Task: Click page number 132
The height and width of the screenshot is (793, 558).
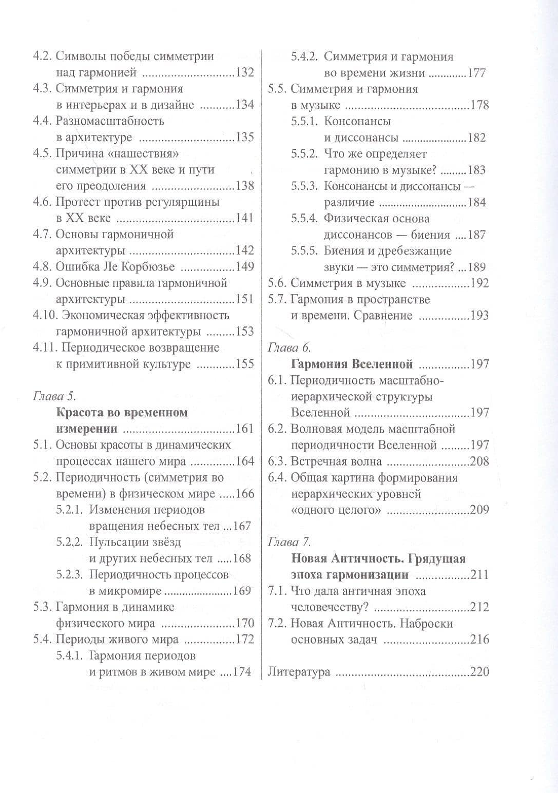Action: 245,73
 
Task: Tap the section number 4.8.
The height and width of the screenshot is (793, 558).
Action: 42,267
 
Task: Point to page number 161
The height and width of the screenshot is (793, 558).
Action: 245,429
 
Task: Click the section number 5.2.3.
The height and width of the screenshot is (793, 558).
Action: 70,575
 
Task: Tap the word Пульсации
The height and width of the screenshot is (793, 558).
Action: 117,542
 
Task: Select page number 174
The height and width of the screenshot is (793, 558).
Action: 242,672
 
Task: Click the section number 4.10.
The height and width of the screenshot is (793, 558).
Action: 45,315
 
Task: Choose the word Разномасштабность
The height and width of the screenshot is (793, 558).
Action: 110,121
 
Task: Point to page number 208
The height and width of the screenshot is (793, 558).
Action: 479,461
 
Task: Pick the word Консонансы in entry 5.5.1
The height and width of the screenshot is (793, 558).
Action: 357,122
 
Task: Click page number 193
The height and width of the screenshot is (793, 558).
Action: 479,316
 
